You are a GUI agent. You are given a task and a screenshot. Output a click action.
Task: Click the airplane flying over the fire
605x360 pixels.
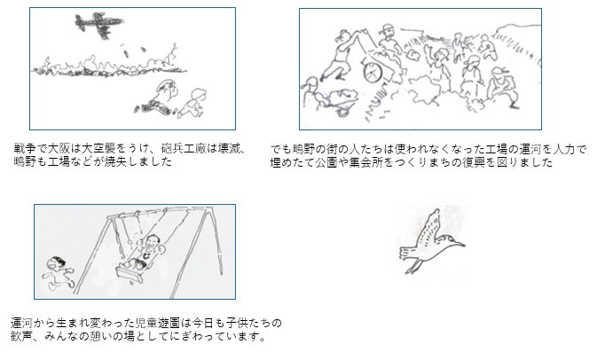(98, 24)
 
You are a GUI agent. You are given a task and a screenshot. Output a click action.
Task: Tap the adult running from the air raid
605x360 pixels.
(157, 98)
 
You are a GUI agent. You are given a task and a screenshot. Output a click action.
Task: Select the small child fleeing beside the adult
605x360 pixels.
(192, 103)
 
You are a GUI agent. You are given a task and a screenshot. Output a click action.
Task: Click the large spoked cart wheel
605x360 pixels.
(373, 72)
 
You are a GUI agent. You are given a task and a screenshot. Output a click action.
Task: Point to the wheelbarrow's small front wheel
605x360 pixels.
(343, 112)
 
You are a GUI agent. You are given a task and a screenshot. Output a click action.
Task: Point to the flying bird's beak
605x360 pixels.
(459, 243)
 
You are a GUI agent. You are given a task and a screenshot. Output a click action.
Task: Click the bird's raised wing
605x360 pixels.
(429, 228)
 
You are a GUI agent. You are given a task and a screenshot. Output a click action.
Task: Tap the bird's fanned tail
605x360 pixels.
(406, 253)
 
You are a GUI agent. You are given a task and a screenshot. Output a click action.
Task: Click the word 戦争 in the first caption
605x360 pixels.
(25, 149)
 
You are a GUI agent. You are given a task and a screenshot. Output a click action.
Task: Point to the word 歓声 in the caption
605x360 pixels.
(21, 336)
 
